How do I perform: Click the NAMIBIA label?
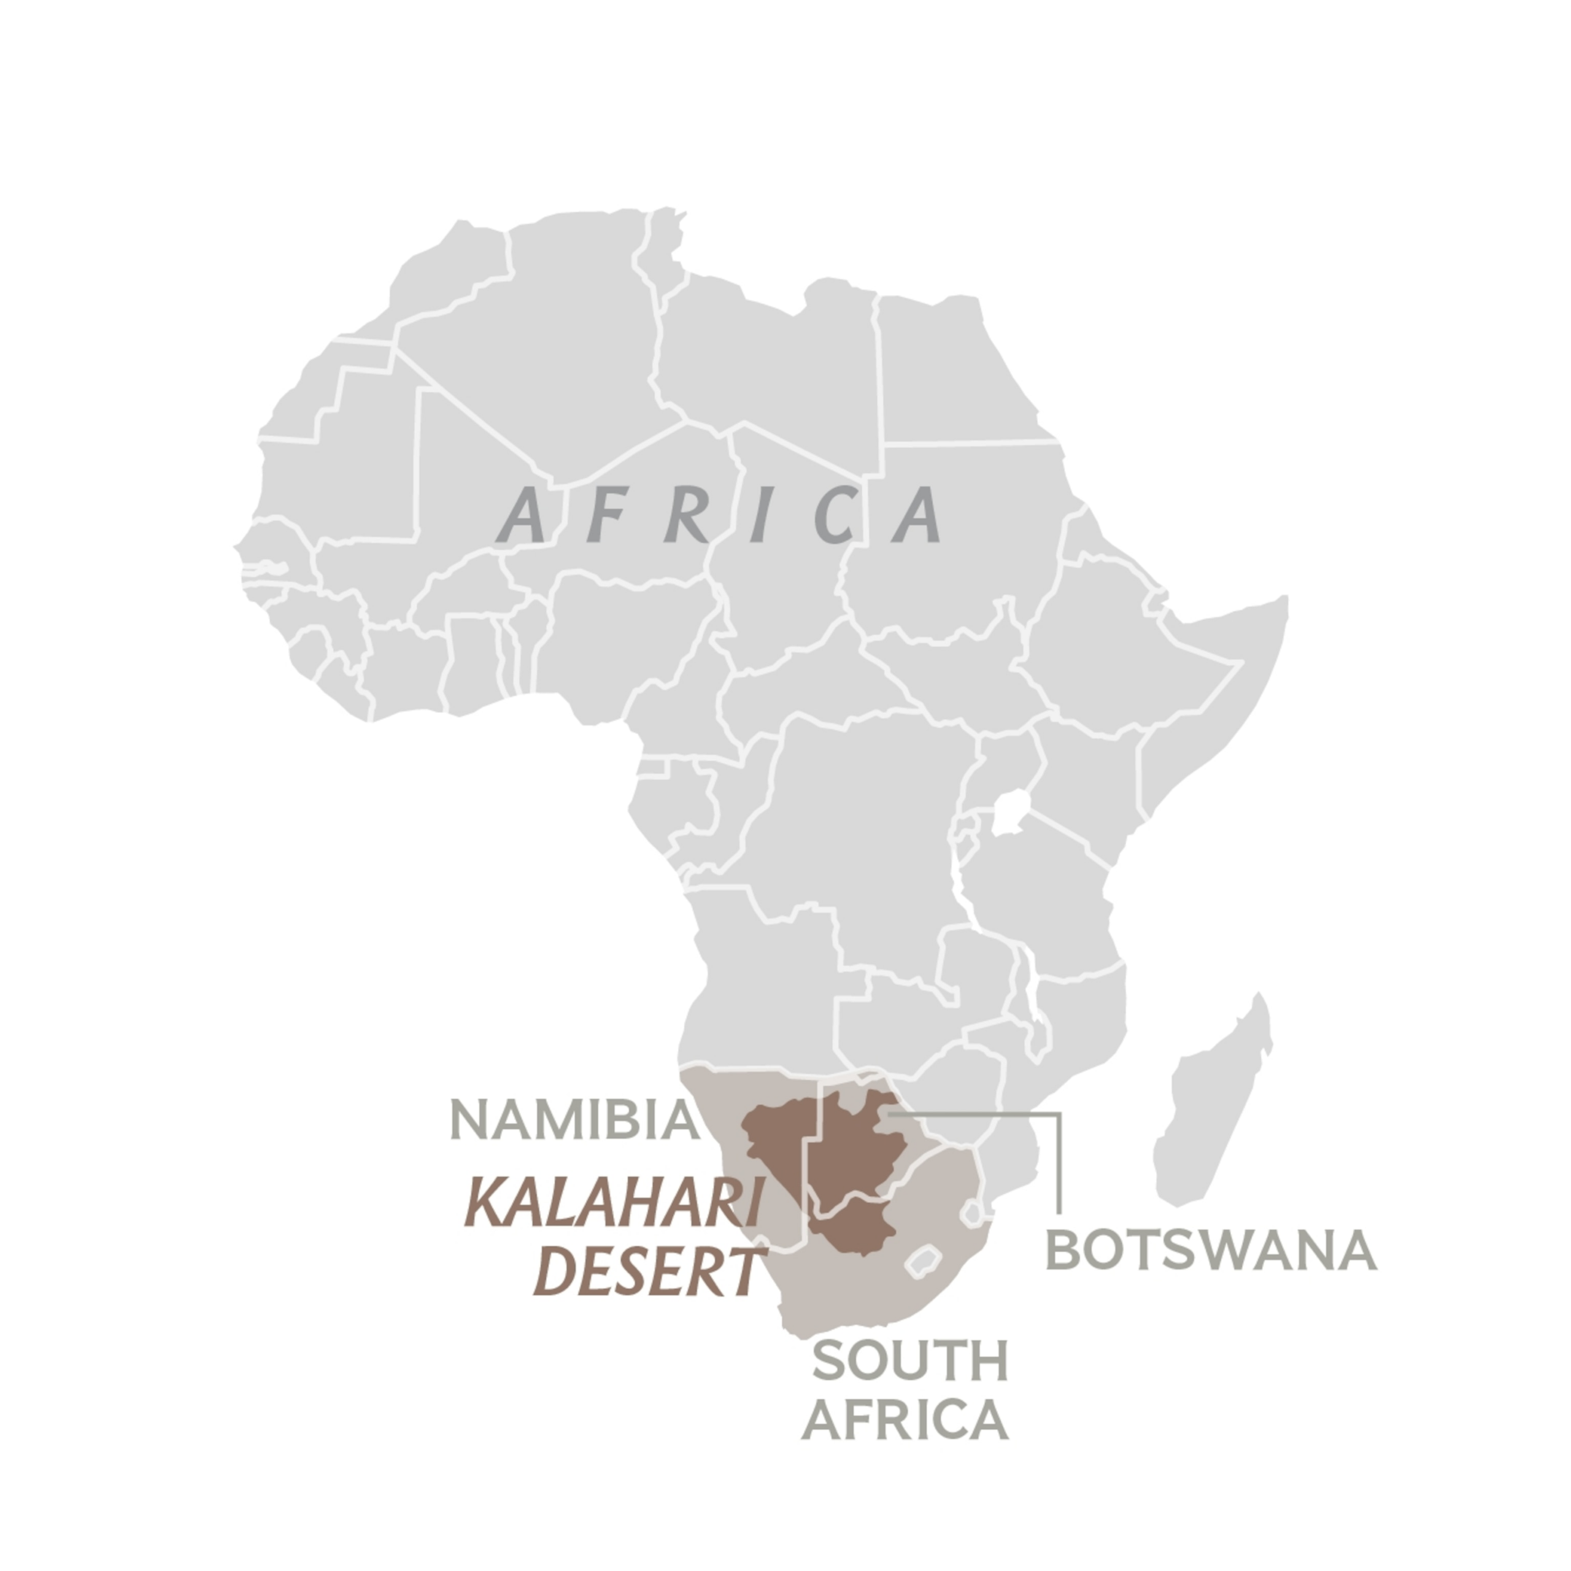coord(574,1121)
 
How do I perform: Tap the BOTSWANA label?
coord(1210,1251)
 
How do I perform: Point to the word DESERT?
coord(649,1273)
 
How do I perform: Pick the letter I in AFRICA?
coord(760,515)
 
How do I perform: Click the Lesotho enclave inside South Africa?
coord(923,1261)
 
